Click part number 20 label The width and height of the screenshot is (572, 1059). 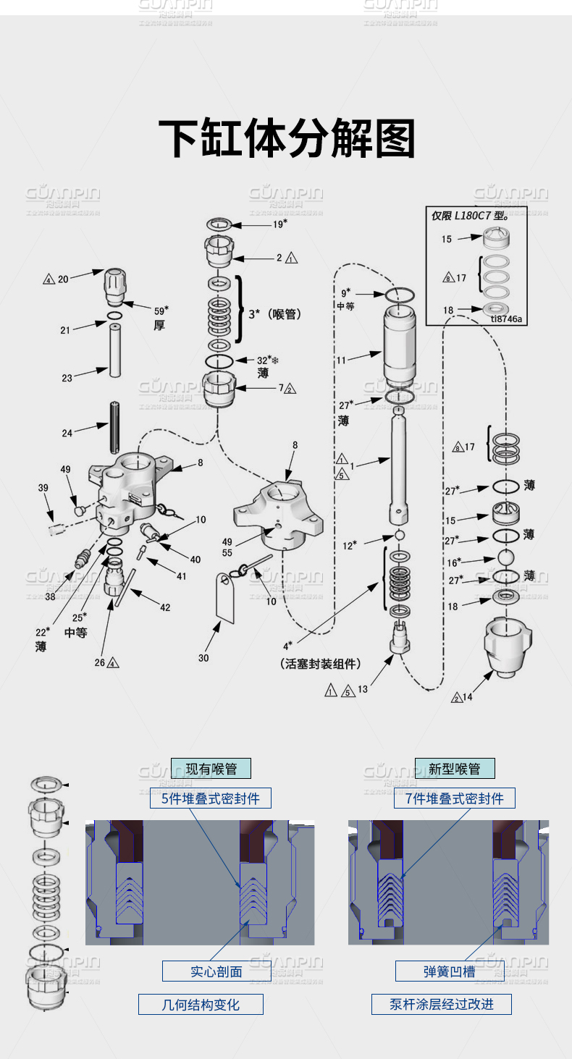pyautogui.click(x=63, y=279)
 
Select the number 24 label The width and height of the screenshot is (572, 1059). pyautogui.click(x=67, y=434)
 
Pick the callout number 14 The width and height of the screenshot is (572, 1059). pyautogui.click(x=466, y=697)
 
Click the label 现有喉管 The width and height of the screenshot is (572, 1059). pyautogui.click(x=211, y=768)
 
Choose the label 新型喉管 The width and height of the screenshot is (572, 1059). pyautogui.click(x=454, y=768)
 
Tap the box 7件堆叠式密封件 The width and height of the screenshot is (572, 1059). pyautogui.click(x=454, y=798)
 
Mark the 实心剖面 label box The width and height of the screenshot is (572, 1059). pyautogui.click(x=216, y=971)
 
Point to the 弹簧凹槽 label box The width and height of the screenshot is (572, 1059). pyautogui.click(x=449, y=971)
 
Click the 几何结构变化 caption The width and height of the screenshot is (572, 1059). pyautogui.click(x=201, y=1004)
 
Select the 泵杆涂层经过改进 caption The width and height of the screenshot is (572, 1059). pyautogui.click(x=441, y=1004)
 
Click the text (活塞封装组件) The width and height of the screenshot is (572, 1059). pyautogui.click(x=320, y=664)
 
